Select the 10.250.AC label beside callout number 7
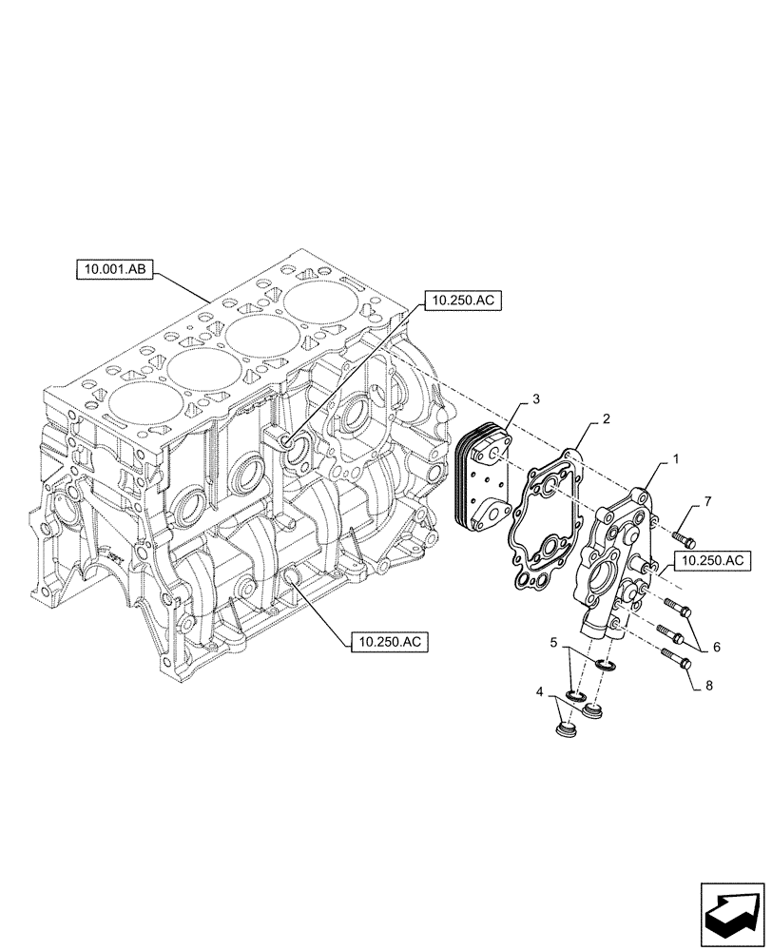click(710, 562)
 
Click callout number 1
click(675, 459)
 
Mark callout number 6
click(716, 647)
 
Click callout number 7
click(707, 501)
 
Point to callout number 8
click(708, 685)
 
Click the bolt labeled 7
click(685, 539)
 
